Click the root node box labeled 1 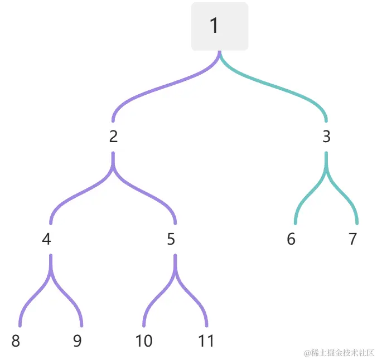click(219, 26)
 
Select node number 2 click(114, 137)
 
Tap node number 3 click(326, 137)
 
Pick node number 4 click(47, 239)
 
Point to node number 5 click(171, 239)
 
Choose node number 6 click(291, 239)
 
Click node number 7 click(352, 239)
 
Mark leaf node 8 click(16, 341)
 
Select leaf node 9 click(78, 341)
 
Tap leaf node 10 click(144, 341)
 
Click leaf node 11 click(206, 341)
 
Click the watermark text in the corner click(339, 353)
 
